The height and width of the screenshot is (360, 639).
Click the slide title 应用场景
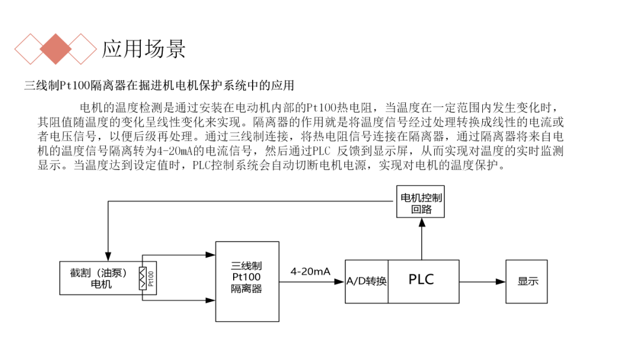click(x=144, y=48)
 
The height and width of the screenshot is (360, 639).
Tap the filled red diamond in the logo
click(x=56, y=49)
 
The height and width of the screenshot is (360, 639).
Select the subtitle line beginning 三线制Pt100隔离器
click(x=159, y=85)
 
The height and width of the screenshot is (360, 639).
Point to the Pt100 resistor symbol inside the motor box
click(x=142, y=278)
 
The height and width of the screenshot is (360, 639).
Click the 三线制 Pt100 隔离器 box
click(x=246, y=281)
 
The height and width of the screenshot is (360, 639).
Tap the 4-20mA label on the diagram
click(x=310, y=271)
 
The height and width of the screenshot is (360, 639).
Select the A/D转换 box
click(x=366, y=281)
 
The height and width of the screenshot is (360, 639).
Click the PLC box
click(x=422, y=281)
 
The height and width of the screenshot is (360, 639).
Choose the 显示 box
click(x=528, y=281)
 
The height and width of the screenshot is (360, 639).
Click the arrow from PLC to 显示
click(x=482, y=281)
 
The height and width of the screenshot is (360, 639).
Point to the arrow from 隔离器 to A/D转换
click(x=311, y=281)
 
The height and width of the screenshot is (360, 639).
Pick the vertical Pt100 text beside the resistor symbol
click(x=151, y=278)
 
